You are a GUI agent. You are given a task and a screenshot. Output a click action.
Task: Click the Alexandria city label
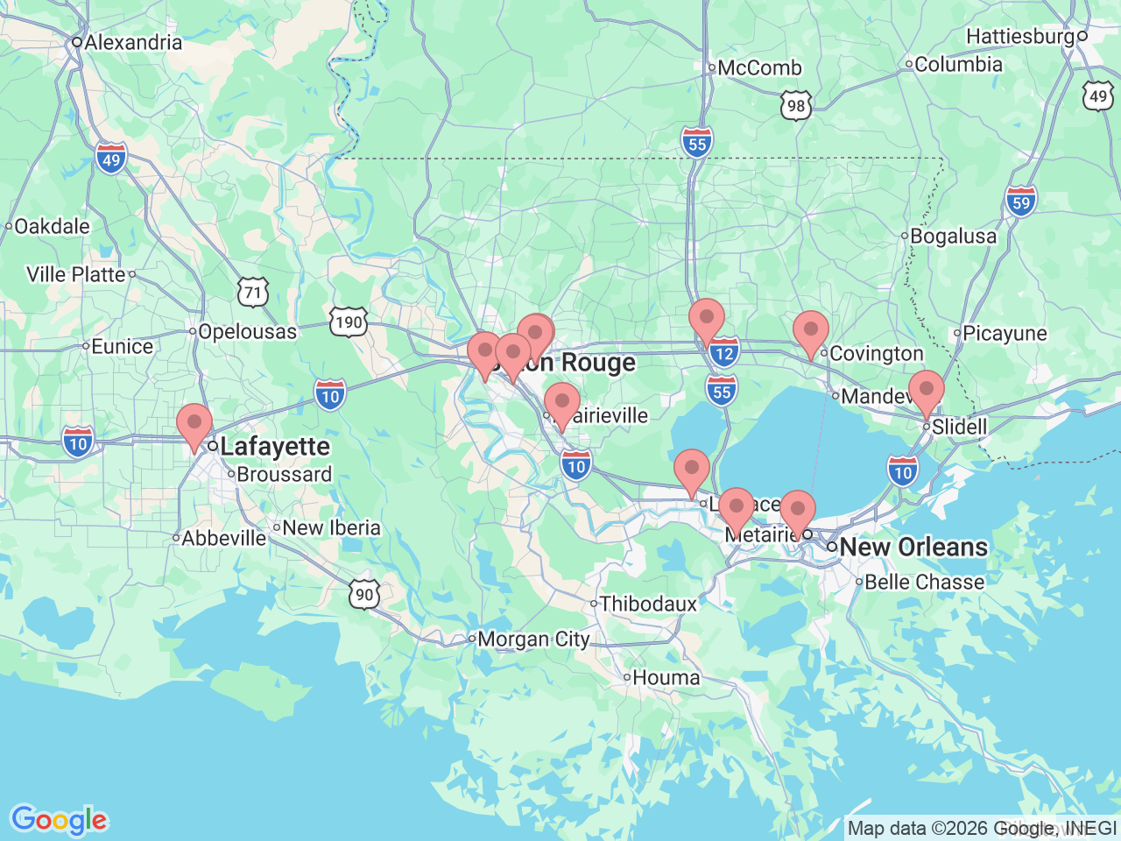point(133,42)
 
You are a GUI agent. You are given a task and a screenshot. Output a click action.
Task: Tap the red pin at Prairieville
point(562,406)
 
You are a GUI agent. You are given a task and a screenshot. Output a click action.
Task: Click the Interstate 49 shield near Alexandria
point(111,159)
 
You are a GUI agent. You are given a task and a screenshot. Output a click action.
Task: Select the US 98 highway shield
point(796,106)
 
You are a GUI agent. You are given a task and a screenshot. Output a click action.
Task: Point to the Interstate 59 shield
point(1021,202)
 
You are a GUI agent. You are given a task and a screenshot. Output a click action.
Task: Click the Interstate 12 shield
point(723,354)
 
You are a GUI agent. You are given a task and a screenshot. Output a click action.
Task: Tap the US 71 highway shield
point(253,292)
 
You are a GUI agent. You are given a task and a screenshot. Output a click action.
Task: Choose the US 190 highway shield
point(349,322)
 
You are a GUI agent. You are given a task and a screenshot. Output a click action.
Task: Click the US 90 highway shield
point(364,595)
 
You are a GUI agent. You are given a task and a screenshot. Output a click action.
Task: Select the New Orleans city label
point(913,547)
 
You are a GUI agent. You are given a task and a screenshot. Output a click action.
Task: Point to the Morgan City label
point(533,640)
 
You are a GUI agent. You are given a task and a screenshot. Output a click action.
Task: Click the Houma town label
point(666,677)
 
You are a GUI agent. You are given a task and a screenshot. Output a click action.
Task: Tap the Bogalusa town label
point(953,236)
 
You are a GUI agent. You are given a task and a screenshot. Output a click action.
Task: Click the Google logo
point(59,820)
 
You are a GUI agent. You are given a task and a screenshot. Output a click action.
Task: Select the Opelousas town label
point(247,331)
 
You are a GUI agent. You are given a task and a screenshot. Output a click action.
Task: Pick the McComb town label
point(759,67)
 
